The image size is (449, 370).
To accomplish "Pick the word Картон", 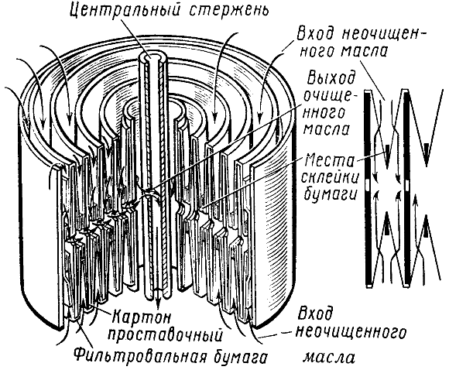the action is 141,317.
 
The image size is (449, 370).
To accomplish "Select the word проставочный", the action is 167,335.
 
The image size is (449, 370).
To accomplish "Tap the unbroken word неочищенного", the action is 351,334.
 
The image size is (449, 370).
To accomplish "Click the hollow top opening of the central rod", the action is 152,57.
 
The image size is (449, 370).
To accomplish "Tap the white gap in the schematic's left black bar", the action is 368,185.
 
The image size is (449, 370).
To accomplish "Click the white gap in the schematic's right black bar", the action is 407,186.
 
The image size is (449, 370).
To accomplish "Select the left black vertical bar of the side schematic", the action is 368,188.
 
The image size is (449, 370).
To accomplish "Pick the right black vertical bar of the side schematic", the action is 407,188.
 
